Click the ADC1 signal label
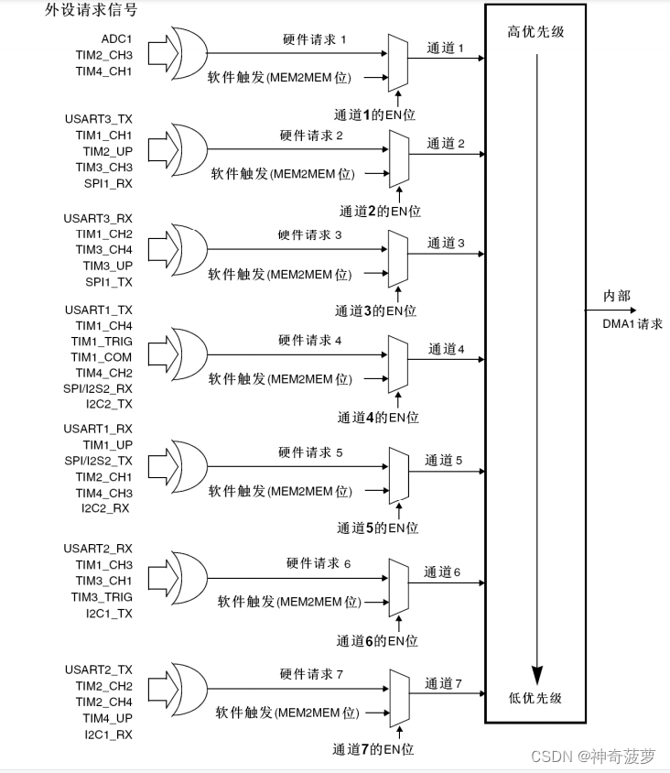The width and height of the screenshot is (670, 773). coord(116,38)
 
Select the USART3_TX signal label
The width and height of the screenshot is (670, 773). coord(98,118)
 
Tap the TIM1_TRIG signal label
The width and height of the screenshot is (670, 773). coord(102,341)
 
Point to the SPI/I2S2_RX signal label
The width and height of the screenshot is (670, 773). coord(98,389)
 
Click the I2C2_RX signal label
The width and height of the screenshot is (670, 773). coord(106,508)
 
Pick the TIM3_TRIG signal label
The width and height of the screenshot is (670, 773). coord(102,597)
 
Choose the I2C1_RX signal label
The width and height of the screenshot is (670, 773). coord(107,735)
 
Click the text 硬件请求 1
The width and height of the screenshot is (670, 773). coord(315,40)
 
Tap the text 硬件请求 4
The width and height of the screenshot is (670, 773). coord(310,341)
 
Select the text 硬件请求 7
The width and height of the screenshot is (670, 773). coord(311,675)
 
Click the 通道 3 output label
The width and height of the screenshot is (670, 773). coord(446,244)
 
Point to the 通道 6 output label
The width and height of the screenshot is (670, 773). coord(442,572)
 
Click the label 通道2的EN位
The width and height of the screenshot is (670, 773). coord(378,211)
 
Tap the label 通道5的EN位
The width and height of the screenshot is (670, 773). coord(376,528)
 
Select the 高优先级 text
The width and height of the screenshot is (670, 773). coord(535,32)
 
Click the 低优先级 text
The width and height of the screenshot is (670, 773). coord(535,698)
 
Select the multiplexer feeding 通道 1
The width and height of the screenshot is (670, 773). coord(398,63)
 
